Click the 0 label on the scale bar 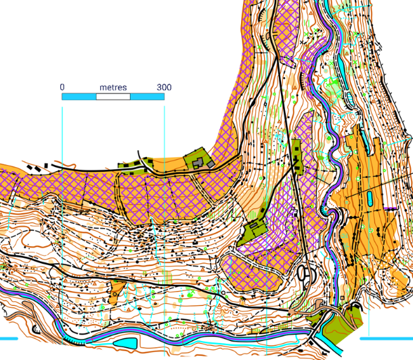tap(62, 87)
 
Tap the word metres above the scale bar tap(113, 87)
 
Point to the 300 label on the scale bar tap(164, 87)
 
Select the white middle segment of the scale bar tap(113, 97)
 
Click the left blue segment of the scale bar tap(79, 97)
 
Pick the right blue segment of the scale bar tap(147, 97)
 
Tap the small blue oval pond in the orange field tap(371, 197)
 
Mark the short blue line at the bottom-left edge tap(7, 337)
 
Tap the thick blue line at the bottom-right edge tap(386, 337)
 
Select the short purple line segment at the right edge tap(391, 208)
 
